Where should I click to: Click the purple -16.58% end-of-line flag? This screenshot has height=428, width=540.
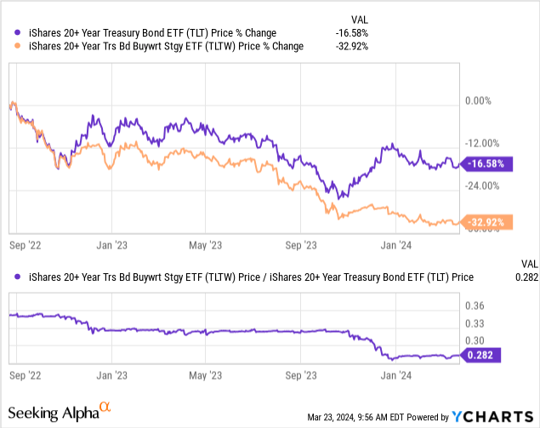[x=484, y=163]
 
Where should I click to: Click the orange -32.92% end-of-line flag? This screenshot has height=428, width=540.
[x=484, y=223]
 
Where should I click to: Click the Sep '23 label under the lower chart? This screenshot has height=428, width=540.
[x=299, y=374]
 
